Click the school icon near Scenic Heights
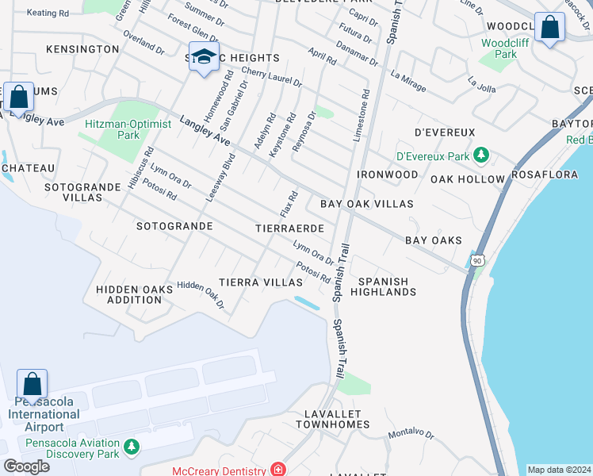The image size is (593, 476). [204, 57]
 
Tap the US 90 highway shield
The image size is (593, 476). [476, 260]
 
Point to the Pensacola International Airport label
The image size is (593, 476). [44, 414]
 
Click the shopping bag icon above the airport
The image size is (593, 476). [33, 385]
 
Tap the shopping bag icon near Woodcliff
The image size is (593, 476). [549, 28]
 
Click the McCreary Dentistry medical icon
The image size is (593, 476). [277, 470]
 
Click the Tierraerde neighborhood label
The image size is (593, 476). [290, 228]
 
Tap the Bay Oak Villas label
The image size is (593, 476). [366, 204]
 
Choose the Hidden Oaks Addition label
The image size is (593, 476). [134, 294]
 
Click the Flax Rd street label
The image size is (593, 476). [289, 205]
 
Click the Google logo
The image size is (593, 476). [26, 466]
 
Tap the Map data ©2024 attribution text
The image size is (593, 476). [558, 470]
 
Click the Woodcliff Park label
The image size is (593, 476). [499, 48]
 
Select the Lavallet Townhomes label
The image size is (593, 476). [333, 419]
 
